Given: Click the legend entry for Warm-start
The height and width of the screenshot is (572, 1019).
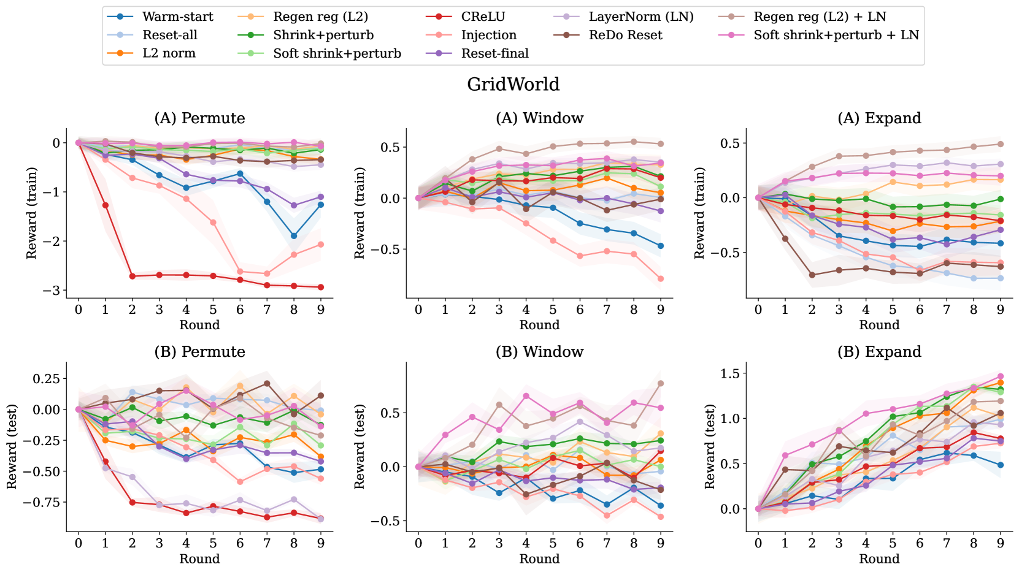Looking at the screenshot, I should click(178, 17).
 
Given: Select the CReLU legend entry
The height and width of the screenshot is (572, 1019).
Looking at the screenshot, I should click(483, 17).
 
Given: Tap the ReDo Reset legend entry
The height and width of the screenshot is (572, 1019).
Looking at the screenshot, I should click(625, 35).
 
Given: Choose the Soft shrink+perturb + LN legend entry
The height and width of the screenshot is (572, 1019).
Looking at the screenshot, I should click(836, 35).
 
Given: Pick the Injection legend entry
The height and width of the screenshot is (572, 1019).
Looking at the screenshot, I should click(488, 35).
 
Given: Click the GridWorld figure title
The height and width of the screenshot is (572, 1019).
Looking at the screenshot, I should click(513, 84).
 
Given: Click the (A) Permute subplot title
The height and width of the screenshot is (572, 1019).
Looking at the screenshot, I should click(199, 118).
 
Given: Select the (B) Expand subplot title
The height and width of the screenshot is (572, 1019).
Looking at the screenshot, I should click(879, 351).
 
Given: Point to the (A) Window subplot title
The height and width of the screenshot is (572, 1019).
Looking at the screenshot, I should click(539, 118).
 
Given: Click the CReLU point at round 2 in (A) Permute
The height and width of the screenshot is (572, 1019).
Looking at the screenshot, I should click(132, 276).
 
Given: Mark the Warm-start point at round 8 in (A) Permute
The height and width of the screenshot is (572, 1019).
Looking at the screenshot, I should click(294, 235).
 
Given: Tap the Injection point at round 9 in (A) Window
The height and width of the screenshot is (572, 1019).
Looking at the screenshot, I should click(661, 278).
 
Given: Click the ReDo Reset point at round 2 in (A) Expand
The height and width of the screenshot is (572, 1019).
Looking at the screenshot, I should click(812, 275).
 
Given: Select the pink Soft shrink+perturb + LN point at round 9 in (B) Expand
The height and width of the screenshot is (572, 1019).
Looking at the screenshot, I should click(1001, 376).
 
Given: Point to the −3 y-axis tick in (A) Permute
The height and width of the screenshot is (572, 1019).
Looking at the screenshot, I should click(55, 290).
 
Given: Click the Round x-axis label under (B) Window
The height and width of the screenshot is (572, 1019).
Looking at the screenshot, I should click(539, 559).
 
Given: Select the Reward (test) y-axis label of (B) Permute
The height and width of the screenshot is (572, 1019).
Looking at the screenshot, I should click(12, 446).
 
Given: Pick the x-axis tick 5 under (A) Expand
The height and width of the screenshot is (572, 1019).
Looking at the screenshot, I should click(893, 310).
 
